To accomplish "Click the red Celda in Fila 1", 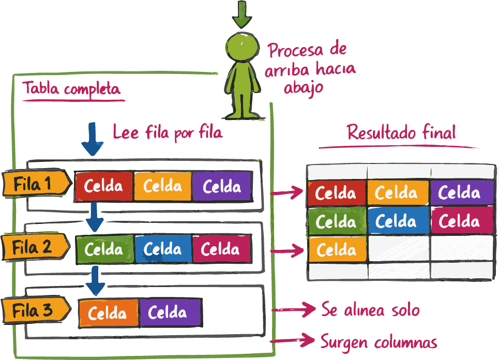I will click(104, 186).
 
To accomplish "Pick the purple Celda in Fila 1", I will click(222, 186).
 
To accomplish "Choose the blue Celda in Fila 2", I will click(163, 249).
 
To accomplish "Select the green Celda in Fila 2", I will click(104, 249).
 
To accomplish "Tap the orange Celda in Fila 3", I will click(108, 313).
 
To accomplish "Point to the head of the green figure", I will click(242, 48).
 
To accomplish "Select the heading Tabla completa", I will click(72, 89).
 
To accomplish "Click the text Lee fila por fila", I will click(167, 132).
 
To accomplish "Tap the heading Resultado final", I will click(401, 132).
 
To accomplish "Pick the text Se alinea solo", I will click(370, 310).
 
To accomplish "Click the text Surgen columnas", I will click(379, 341).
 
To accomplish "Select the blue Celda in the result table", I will click(396, 221).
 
